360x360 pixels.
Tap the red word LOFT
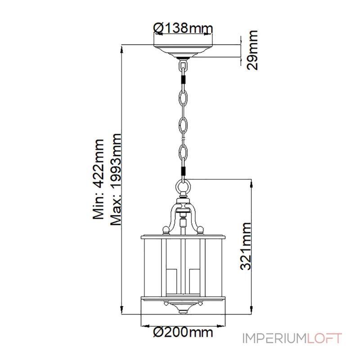[325, 338]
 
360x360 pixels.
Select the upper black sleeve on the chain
[183, 80]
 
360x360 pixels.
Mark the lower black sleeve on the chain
[183, 171]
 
